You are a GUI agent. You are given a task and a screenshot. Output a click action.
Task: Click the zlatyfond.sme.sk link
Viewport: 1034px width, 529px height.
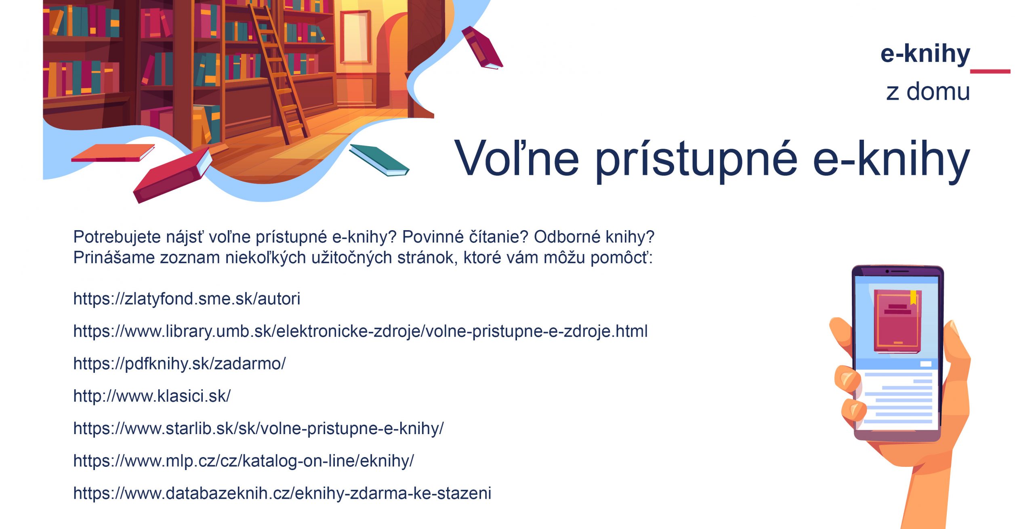coord(187,299)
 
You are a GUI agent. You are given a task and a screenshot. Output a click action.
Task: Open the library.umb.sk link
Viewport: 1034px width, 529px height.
coord(360,332)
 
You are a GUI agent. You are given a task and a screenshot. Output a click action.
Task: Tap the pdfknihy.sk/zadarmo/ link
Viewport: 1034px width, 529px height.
coord(179,364)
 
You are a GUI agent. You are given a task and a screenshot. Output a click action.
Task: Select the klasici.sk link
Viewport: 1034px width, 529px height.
coord(152,396)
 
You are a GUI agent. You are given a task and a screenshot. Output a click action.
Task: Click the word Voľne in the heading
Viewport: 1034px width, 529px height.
coord(517,158)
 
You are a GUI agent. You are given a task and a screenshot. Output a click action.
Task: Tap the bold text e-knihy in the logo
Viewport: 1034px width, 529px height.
coord(925,54)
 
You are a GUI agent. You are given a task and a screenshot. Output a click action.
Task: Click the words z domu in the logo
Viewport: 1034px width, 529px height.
coord(928,92)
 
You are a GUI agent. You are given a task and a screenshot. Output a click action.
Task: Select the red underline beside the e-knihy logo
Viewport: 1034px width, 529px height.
coord(990,71)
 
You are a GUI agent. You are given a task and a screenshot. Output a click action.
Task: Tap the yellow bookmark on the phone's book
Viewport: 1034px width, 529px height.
coord(913,298)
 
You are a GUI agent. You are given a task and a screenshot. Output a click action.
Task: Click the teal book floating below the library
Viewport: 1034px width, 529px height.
coord(379,160)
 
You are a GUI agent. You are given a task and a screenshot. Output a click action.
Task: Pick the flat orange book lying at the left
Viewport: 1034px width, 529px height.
coord(113,153)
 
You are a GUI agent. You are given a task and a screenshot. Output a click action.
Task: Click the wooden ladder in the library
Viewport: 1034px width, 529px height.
coord(279,73)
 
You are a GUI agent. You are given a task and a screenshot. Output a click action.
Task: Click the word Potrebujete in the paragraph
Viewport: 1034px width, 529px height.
coord(117,237)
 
